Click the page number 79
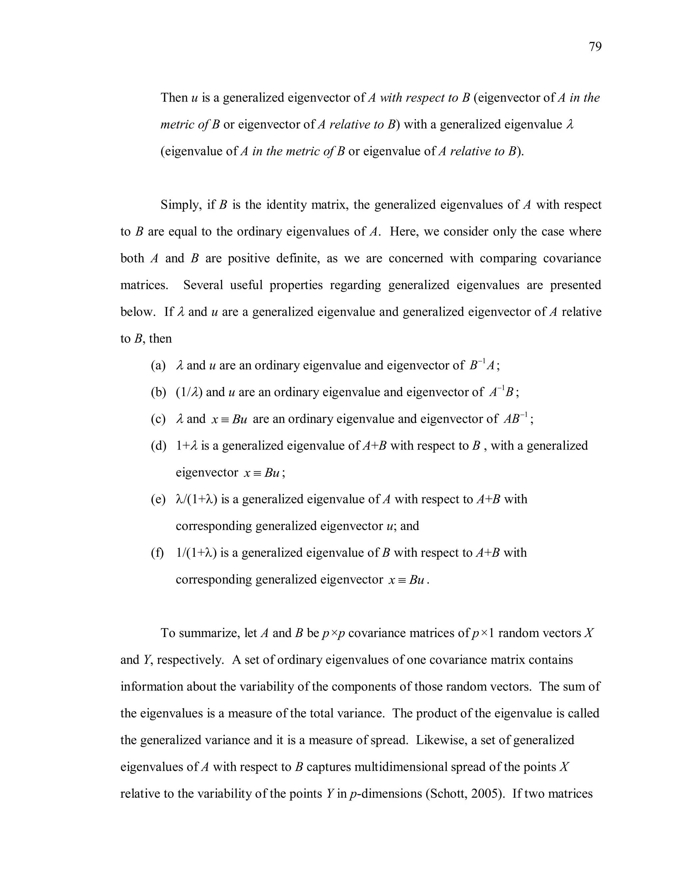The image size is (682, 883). [x=595, y=47]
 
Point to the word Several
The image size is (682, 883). [x=203, y=285]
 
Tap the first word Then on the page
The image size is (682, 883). [x=174, y=98]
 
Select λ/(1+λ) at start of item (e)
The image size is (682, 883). [x=197, y=499]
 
